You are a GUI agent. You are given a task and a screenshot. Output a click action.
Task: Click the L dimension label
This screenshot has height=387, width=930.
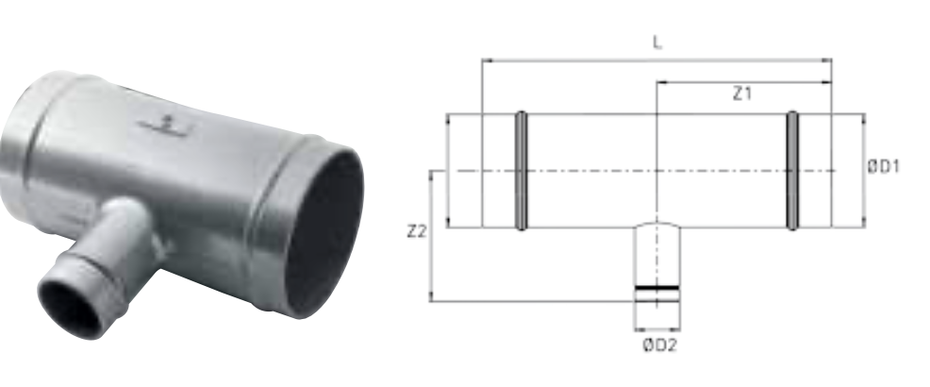pyautogui.click(x=657, y=42)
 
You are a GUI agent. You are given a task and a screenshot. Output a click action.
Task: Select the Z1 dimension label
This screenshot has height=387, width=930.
pyautogui.click(x=742, y=93)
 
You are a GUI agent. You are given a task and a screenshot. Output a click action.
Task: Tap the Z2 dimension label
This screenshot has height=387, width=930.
pyautogui.click(x=417, y=231)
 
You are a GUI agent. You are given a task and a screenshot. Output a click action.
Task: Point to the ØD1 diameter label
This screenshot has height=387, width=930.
pyautogui.click(x=884, y=167)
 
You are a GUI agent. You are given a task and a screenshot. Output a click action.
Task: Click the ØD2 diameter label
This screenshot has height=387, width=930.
pyautogui.click(x=659, y=345)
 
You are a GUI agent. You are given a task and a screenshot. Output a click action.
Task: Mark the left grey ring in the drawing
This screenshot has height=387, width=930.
pyautogui.click(x=521, y=170)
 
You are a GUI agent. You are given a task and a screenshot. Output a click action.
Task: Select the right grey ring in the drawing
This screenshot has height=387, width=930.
pyautogui.click(x=791, y=170)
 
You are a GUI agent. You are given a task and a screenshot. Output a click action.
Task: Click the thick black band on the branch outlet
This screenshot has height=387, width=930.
pyautogui.click(x=656, y=288)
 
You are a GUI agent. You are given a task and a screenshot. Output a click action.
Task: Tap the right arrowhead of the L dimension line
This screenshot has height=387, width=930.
pyautogui.click(x=827, y=60)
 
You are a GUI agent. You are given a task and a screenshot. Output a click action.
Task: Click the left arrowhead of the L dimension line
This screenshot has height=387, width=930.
pyautogui.click(x=488, y=60)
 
